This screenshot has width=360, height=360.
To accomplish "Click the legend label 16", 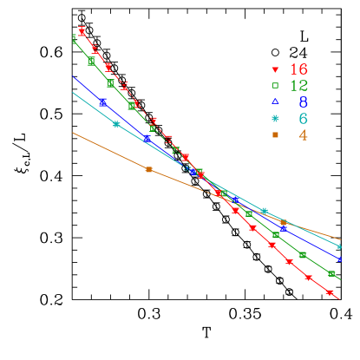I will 299,69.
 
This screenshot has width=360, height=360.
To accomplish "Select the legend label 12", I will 299,86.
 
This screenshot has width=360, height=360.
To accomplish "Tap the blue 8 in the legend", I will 303,102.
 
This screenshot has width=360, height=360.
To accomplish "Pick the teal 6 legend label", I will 303,119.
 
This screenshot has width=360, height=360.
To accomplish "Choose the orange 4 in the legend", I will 303,135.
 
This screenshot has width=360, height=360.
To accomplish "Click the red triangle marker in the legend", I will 275,69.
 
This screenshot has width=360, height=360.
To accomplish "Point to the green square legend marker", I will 275,86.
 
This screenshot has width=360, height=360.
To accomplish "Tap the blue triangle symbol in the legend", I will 275,102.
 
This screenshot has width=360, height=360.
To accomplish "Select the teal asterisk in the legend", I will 275,119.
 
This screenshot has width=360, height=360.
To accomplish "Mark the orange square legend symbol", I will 275,135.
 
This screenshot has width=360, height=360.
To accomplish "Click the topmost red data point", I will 82,31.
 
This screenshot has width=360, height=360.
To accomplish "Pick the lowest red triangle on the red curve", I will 330,293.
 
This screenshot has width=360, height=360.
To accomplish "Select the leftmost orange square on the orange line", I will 148,169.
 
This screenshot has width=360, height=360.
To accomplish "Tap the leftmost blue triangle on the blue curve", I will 102,102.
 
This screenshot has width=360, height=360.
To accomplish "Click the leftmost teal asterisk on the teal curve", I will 116,124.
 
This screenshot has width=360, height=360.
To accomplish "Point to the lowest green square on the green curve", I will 332,274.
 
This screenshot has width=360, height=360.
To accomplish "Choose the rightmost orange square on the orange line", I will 283,223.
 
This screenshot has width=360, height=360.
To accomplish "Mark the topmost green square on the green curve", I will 74,38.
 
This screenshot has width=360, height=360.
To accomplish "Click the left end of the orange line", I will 73,133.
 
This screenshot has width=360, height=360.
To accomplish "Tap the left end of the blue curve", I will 73,77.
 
